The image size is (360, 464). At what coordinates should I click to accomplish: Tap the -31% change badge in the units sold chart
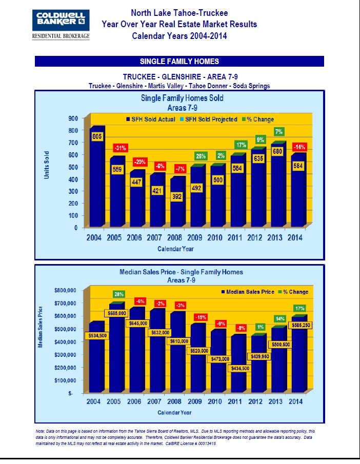(x=120, y=149)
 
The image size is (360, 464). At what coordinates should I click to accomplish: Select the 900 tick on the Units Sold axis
(x=73, y=118)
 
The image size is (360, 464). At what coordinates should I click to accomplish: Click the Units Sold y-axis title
(x=47, y=164)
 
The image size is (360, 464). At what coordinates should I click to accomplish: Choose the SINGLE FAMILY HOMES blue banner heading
(x=179, y=62)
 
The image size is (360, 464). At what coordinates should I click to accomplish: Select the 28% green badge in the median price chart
(x=119, y=294)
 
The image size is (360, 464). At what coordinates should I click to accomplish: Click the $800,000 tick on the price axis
(x=65, y=290)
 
